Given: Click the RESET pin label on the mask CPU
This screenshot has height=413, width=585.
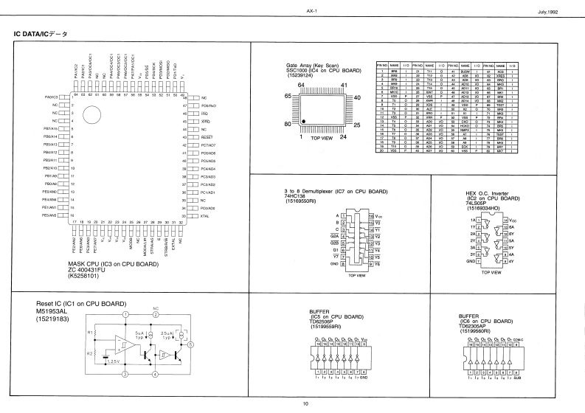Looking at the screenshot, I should pos(207,136).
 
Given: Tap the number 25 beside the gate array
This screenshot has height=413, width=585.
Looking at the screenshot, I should pos(356,125).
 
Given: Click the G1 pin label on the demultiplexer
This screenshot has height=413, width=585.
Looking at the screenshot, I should pos(337,249).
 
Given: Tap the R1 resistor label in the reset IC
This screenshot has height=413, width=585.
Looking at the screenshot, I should pos(91,332).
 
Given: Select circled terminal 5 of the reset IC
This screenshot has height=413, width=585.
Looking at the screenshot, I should pos(190,344).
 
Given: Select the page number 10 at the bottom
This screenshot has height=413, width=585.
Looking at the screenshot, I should pos(305,403).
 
